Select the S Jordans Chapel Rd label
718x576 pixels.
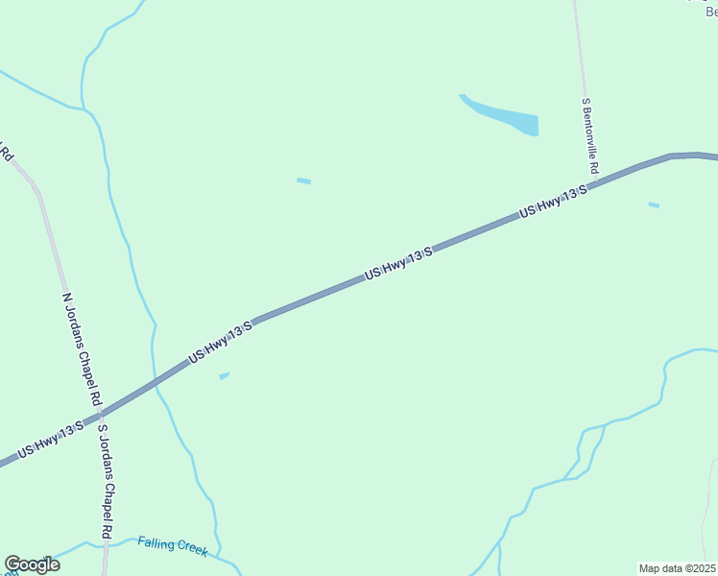[106, 483]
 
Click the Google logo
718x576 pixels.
[32, 564]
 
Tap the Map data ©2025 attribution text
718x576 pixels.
[676, 568]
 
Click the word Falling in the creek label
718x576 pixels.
[155, 543]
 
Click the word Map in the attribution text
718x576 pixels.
[650, 568]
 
